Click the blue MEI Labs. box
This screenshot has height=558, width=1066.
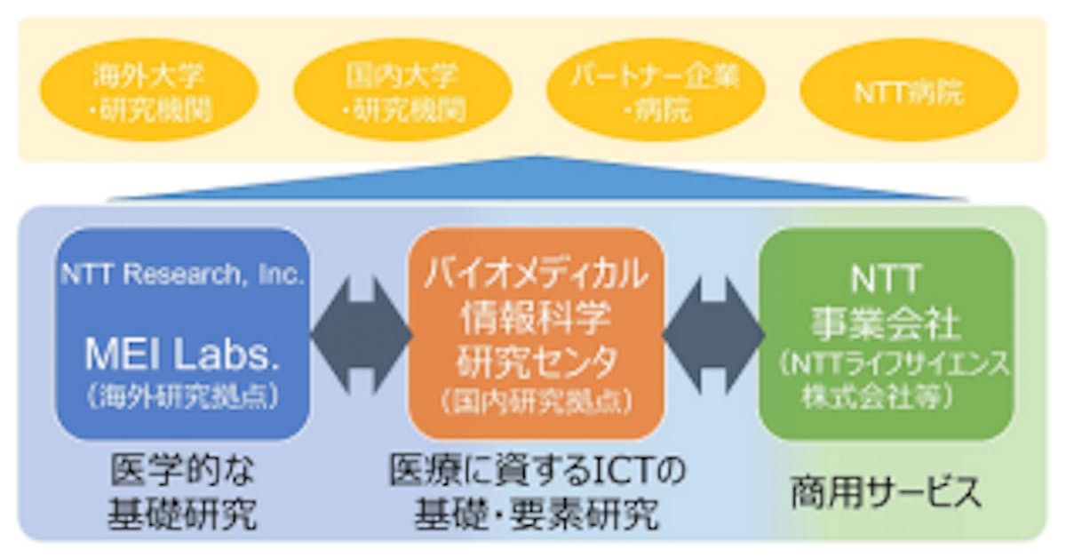[x=182, y=332]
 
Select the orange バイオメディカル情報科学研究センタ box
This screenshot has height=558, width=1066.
[x=537, y=332]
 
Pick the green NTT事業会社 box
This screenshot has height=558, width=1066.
[x=886, y=332]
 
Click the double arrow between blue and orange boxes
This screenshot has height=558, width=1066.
[x=360, y=333]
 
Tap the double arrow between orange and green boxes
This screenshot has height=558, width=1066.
[x=713, y=333]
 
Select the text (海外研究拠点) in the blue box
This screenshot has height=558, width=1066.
[x=183, y=396]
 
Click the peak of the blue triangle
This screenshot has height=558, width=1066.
[x=537, y=158]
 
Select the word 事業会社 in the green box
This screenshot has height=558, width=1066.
[x=886, y=324]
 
